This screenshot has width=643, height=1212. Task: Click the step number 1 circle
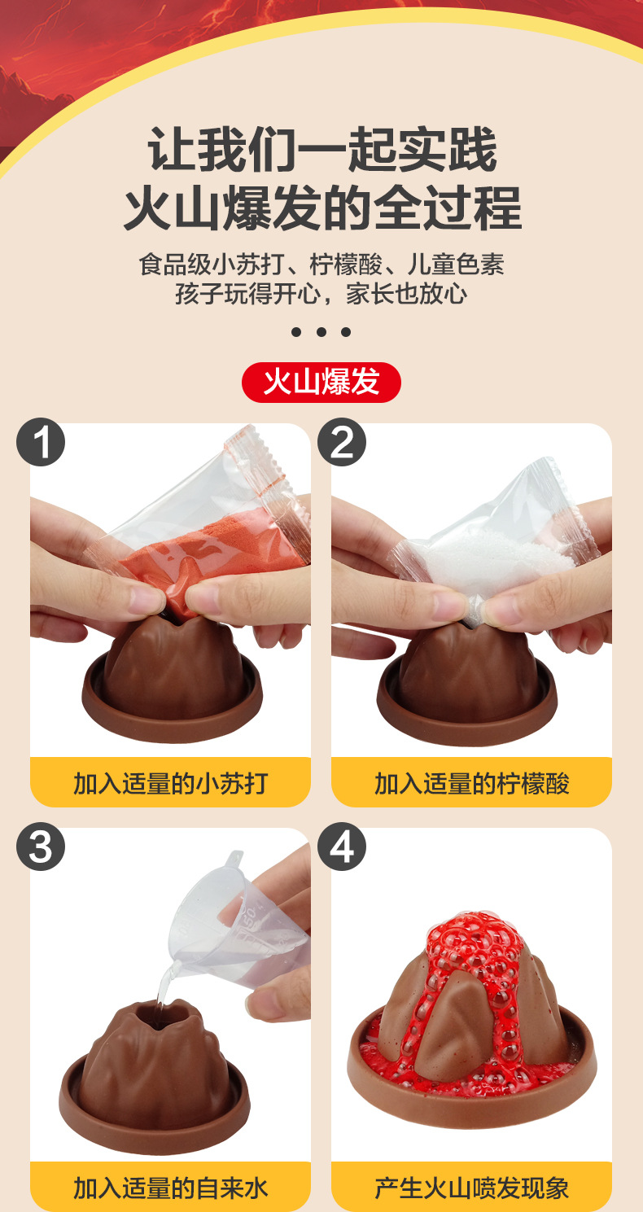coord(41,443)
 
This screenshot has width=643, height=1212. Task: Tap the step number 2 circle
coord(342,443)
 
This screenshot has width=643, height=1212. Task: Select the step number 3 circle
coord(41,847)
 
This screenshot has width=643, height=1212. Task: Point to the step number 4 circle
coord(342,847)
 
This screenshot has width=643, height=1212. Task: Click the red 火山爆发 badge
coord(321,382)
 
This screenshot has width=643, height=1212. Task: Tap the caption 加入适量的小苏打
coord(170,783)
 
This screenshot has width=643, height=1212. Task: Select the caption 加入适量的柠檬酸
coord(471,783)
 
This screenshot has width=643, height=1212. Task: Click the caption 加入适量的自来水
coord(170,1188)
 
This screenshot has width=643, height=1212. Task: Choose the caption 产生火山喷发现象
coord(471,1188)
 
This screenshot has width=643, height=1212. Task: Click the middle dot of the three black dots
coord(321,332)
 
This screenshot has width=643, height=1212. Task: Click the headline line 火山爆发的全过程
coord(321,208)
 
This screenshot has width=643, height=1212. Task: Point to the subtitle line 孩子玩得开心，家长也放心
coord(321,293)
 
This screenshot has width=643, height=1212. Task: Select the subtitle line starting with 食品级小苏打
coord(321,265)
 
